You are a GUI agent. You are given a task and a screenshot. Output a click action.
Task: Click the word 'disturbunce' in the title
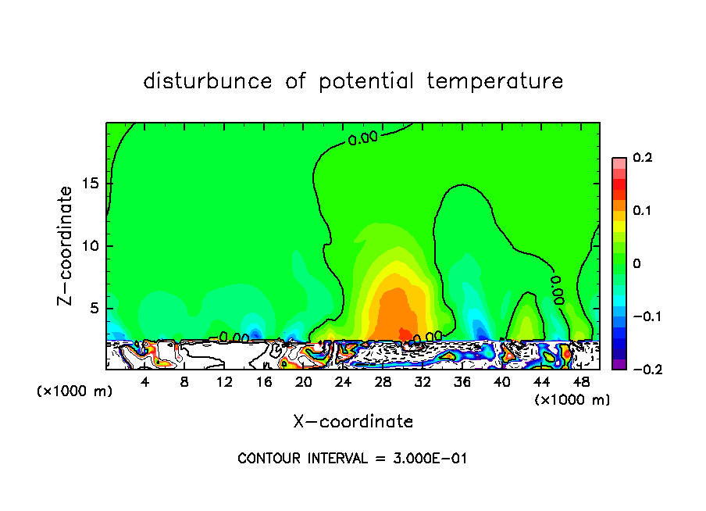coord(208,81)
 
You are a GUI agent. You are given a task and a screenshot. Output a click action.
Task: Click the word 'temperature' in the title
coord(494,81)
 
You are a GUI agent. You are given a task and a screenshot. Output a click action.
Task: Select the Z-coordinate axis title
coord(68,245)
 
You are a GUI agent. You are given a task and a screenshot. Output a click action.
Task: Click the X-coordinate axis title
coord(353,422)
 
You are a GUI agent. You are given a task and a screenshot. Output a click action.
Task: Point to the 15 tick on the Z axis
coord(90,184)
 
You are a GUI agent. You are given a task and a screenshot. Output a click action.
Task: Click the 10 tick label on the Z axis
coord(90,246)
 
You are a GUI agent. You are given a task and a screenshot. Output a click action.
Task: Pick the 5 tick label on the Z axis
coord(94,309)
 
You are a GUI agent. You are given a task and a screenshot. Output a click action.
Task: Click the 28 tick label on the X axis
coord(383,382)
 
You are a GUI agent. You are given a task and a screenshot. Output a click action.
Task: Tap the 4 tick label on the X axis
coord(145,382)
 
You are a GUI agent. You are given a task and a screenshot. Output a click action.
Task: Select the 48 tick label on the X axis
coord(581,382)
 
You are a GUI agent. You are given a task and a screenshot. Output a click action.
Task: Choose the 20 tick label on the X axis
coord(304,382)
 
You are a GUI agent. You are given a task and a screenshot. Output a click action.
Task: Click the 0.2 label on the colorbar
coord(643,158)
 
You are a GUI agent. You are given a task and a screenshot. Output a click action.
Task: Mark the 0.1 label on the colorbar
coord(643,211)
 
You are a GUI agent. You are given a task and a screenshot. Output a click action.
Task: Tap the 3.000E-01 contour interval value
coord(430,459)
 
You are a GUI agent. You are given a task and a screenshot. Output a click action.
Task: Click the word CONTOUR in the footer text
coord(268,459)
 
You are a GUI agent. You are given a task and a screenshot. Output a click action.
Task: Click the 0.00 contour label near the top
coord(362,139)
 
